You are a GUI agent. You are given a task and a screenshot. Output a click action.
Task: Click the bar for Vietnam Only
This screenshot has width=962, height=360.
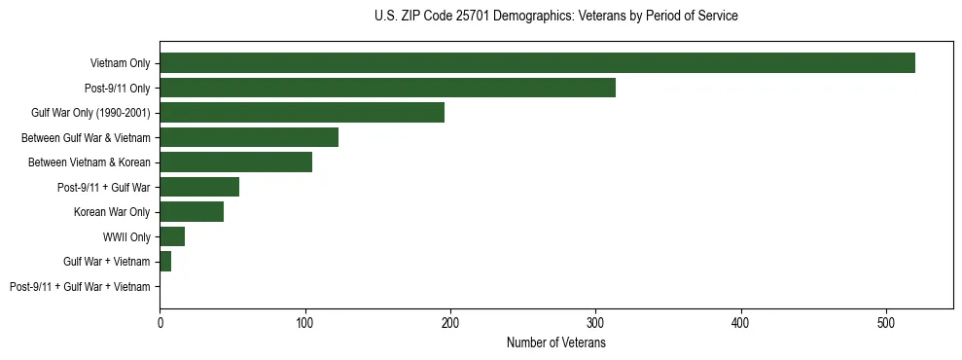coord(537,63)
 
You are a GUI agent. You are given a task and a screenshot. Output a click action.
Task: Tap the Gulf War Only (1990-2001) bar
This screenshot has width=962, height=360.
coord(302,113)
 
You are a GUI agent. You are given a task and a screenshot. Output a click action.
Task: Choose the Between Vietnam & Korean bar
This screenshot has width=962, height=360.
coord(235,162)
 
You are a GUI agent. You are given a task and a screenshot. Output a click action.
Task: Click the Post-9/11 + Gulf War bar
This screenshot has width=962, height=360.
coord(199,187)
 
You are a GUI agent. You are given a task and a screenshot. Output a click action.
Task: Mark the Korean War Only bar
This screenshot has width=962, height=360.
coord(192,212)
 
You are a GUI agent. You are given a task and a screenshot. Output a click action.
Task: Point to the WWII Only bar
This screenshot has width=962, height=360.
coord(172,236)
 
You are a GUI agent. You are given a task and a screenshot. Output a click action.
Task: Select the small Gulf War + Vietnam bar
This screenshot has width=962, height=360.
coord(165,262)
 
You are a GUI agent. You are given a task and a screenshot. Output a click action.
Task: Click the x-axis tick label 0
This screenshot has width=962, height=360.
coord(160,322)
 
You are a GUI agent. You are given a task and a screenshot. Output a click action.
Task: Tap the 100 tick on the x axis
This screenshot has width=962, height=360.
coord(305,322)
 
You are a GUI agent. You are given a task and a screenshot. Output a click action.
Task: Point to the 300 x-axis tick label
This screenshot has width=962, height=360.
coord(596,322)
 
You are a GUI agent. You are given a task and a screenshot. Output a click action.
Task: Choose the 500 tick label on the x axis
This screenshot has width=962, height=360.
coord(886,322)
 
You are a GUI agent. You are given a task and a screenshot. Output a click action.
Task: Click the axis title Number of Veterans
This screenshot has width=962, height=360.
coord(555,342)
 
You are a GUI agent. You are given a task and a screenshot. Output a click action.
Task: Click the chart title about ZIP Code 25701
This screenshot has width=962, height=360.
coord(555,17)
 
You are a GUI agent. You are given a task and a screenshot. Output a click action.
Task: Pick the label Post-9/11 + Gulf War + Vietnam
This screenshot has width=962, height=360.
coord(80,286)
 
